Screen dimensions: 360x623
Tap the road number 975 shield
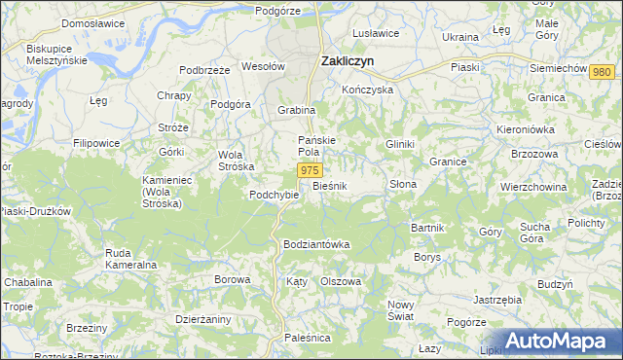click(309, 171)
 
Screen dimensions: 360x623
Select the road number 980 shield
click(602, 73)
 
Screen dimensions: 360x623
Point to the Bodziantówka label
click(316, 243)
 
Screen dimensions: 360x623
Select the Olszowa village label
click(341, 281)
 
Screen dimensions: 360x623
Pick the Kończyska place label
click(367, 90)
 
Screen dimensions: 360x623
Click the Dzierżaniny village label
click(202, 317)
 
